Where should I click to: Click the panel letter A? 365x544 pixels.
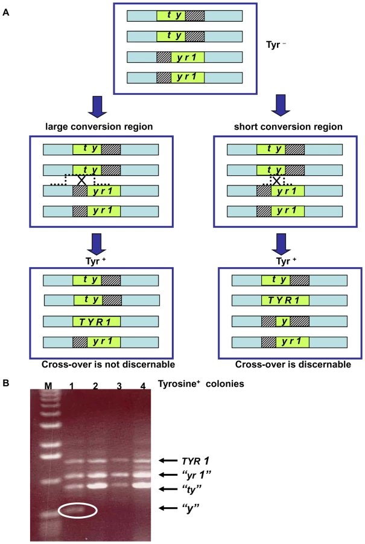click(5, 13)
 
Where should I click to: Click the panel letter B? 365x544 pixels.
click(6, 383)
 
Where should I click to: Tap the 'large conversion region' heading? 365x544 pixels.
click(99, 127)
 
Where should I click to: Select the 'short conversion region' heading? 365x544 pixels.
click(288, 127)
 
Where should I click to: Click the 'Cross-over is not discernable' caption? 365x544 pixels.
click(109, 364)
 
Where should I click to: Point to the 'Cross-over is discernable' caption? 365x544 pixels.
click(293, 364)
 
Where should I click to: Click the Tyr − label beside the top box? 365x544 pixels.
click(276, 45)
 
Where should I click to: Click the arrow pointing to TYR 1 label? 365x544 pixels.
click(168, 461)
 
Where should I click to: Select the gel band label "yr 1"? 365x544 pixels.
click(196, 474)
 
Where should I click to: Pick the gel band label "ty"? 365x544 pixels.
click(191, 489)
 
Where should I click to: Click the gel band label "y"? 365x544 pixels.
click(191, 508)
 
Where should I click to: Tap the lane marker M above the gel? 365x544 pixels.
click(48, 386)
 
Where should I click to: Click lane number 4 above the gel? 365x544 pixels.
click(143, 386)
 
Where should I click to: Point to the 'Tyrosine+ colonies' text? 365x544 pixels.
click(201, 384)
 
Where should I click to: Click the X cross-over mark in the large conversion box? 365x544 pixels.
click(81, 180)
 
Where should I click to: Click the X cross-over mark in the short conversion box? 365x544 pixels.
click(276, 180)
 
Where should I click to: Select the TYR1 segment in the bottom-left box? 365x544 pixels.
click(97, 322)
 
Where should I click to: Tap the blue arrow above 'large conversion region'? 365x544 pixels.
click(97, 107)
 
